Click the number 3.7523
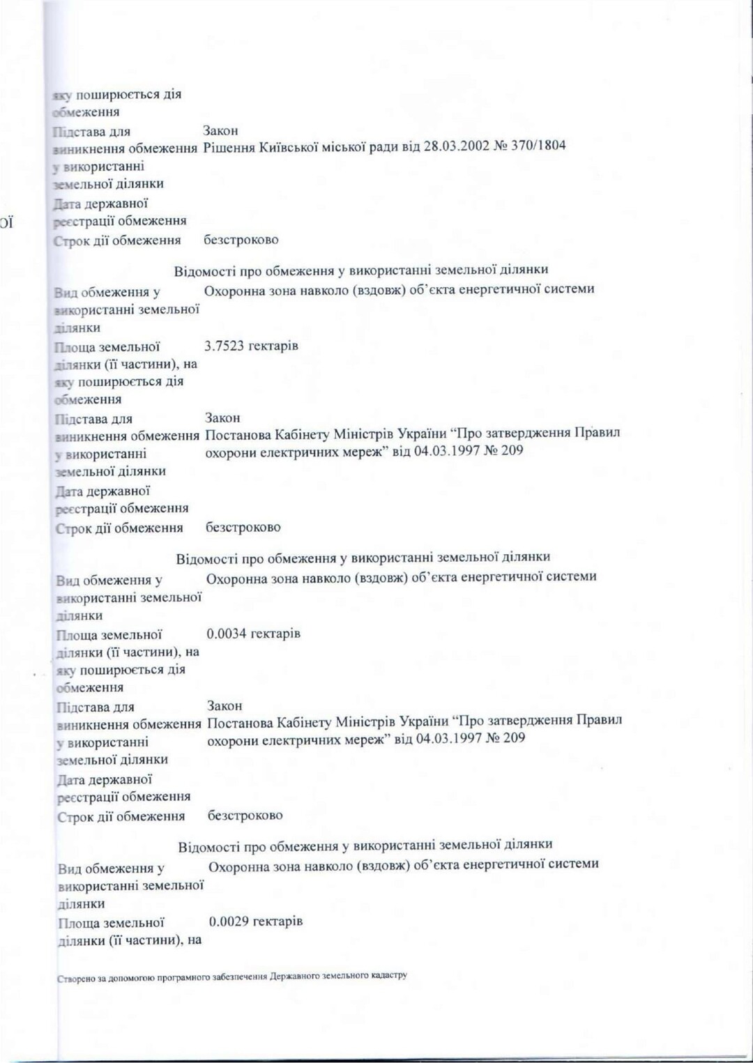point(226,346)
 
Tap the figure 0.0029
point(229,921)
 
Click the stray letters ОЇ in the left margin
point(6,224)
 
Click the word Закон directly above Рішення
point(220,131)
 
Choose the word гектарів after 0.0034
point(276,634)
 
